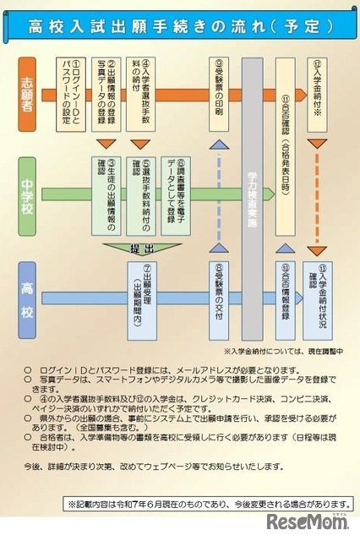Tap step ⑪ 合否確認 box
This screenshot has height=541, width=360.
tap(286, 139)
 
